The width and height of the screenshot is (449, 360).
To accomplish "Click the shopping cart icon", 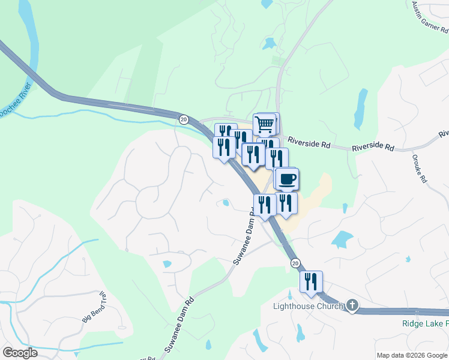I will click(265, 125).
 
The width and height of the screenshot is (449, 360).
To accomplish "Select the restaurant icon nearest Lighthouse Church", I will click(311, 281).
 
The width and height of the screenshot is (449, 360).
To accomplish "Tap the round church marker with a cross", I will click(352, 307).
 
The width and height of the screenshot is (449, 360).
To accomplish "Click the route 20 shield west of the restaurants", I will click(184, 120).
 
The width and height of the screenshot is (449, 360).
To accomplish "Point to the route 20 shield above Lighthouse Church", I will click(295, 263).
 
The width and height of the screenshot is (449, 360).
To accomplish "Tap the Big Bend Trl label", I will click(93, 307).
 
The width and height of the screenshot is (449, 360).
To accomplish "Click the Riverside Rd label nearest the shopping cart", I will click(309, 142).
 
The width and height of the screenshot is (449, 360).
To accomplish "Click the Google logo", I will click(20, 353).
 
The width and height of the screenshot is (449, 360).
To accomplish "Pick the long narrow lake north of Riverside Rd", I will click(360, 108).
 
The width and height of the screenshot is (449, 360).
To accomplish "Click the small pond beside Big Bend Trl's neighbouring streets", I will click(167, 264).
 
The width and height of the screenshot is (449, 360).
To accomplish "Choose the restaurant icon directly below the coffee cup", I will click(286, 204).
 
